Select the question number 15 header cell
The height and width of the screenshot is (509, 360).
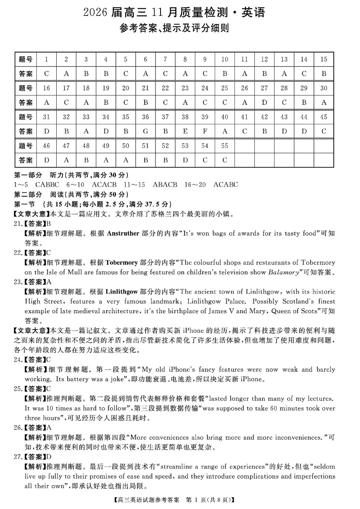(323, 59)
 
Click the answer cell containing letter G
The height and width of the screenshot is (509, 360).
(145, 131)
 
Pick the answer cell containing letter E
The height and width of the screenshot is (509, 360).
(185, 131)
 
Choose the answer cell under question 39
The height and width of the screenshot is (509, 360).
(205, 131)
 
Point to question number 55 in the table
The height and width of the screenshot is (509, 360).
(224, 146)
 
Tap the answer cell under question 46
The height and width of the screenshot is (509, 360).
(46, 160)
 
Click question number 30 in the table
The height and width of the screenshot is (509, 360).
(323, 88)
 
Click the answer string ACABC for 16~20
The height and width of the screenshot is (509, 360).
(225, 184)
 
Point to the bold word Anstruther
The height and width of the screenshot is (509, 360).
(122, 233)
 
